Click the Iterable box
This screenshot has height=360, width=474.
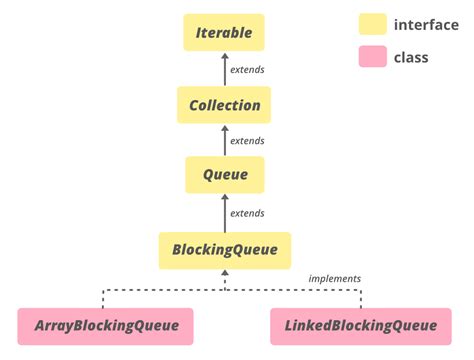coord(224,33)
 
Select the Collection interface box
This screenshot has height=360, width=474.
coord(224,105)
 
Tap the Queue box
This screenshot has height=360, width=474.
coord(224,175)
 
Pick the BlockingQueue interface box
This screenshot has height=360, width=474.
coord(224,249)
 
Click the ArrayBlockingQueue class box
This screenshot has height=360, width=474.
coord(105,325)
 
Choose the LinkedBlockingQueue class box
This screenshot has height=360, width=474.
coord(361,325)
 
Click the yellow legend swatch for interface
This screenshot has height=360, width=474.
coord(372,24)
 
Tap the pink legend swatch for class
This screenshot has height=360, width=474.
coord(372,57)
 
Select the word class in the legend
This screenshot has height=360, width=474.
coord(410,57)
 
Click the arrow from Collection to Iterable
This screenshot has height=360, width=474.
coord(224,69)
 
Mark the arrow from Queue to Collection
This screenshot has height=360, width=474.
coord(224,140)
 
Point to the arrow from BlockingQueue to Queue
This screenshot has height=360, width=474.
coord(224,212)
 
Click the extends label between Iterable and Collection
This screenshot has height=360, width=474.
coord(247,70)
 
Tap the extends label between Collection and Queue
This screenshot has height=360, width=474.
coord(247,141)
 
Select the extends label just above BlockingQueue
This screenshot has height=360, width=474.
coord(247,213)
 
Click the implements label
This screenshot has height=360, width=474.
coord(334,278)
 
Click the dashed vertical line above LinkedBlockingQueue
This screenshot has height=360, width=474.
coord(361,299)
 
